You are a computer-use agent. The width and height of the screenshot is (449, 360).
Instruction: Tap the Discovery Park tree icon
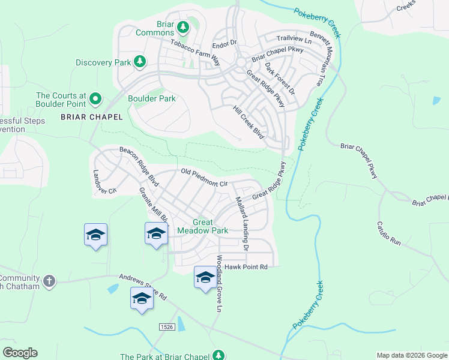pos(140,62)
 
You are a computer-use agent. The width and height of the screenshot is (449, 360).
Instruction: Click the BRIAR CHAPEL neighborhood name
pos(91,117)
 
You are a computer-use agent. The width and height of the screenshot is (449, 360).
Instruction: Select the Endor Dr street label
pos(225,44)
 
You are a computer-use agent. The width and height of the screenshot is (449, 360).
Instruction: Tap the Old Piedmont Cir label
pos(205,178)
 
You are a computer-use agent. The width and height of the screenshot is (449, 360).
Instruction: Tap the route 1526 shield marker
pos(167,326)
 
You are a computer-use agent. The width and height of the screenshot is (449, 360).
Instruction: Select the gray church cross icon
pos(49,281)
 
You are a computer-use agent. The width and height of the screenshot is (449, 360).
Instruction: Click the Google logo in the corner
pos(20,353)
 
